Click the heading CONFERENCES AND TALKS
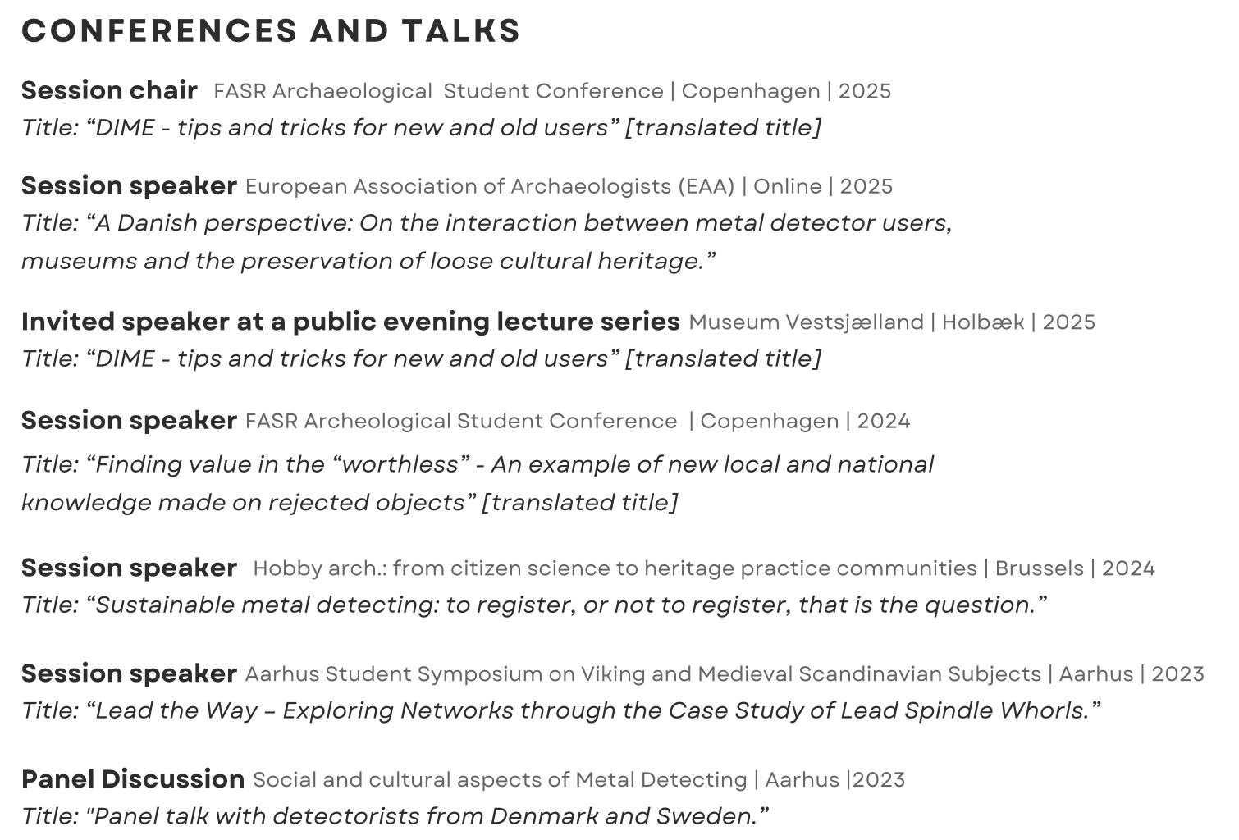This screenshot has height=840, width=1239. click(x=271, y=31)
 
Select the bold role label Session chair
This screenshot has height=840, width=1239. click(x=109, y=90)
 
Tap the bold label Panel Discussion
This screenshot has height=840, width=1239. click(x=133, y=778)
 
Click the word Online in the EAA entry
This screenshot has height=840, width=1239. click(x=787, y=187)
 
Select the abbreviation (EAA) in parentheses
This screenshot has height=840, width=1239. click(x=706, y=187)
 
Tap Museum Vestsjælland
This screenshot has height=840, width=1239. click(x=806, y=322)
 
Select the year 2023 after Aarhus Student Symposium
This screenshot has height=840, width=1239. click(x=1177, y=674)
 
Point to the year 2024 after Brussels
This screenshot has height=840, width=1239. click(x=1128, y=568)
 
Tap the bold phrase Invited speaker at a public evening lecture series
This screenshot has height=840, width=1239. click(x=350, y=322)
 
